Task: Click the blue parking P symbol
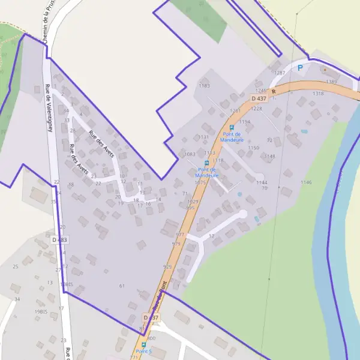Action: pyautogui.click(x=300, y=68)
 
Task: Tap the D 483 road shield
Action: pyautogui.click(x=59, y=239)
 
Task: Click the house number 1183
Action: pyautogui.click(x=204, y=86)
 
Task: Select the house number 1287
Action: pyautogui.click(x=279, y=73)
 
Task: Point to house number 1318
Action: pyautogui.click(x=318, y=94)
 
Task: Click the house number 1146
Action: pyautogui.click(x=306, y=182)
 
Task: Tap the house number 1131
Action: pyautogui.click(x=203, y=137)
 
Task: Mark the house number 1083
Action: pyautogui.click(x=190, y=154)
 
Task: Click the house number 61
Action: pyautogui.click(x=122, y=286)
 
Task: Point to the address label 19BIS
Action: pyautogui.click(x=41, y=312)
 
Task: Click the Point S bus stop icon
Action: pyautogui.click(x=143, y=344)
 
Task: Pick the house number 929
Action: pyautogui.click(x=167, y=266)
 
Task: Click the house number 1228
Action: pyautogui.click(x=257, y=109)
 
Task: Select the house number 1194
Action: pyautogui.click(x=244, y=122)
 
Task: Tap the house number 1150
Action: pyautogui.click(x=254, y=148)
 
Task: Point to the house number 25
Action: pyautogui.click(x=16, y=266)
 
